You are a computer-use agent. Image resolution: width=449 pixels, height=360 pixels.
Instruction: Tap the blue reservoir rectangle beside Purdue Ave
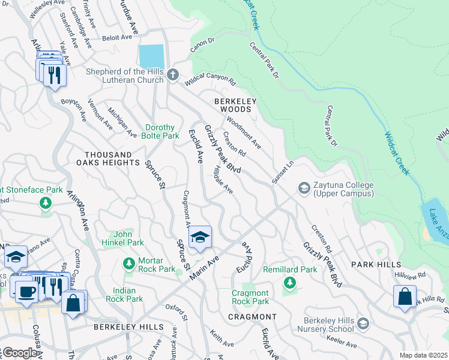point(151,56)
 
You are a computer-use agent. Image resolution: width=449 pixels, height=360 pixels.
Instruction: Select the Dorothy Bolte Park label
point(160,131)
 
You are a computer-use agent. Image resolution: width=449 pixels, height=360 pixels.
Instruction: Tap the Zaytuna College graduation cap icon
point(304,190)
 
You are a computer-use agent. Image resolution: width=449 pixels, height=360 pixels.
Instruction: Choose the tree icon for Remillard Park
point(290,282)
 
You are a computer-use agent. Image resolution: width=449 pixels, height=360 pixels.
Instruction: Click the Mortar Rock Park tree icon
point(128,263)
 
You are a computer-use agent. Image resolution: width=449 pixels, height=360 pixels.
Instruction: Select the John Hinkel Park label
point(128,238)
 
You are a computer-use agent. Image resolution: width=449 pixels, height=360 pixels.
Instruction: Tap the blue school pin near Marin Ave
point(200,238)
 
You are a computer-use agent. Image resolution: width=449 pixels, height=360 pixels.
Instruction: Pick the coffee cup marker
point(26,292)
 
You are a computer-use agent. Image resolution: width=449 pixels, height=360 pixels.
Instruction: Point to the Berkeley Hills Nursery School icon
point(363,324)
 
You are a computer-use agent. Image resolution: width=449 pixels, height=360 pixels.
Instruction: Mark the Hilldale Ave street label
point(223,181)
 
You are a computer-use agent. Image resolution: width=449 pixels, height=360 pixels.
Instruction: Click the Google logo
point(19,353)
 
